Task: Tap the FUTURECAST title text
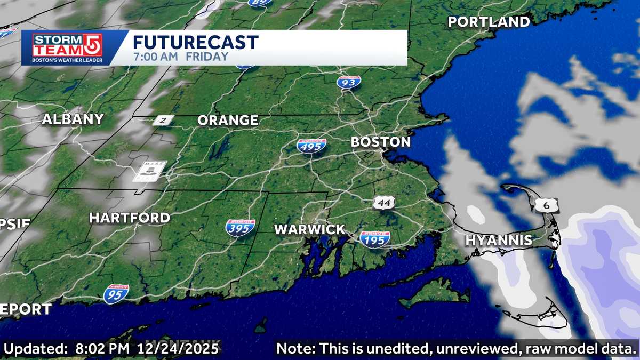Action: pyautogui.click(x=195, y=42)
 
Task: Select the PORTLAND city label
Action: pyautogui.click(x=489, y=22)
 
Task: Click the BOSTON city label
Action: pyautogui.click(x=381, y=142)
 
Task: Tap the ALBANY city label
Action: pyautogui.click(x=73, y=119)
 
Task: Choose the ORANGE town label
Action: pyautogui.click(x=228, y=121)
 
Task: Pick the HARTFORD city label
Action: pyautogui.click(x=129, y=218)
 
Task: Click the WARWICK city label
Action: pyautogui.click(x=309, y=230)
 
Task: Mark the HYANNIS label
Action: pyautogui.click(x=498, y=240)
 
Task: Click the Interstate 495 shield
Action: pyautogui.click(x=311, y=146)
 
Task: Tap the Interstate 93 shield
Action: pyautogui.click(x=348, y=82)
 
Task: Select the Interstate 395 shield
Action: pyautogui.click(x=240, y=228)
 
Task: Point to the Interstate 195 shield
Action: pyautogui.click(x=374, y=239)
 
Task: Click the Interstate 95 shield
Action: pyautogui.click(x=116, y=294)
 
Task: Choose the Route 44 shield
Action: pyautogui.click(x=383, y=203)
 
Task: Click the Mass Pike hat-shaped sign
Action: pyautogui.click(x=149, y=171)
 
